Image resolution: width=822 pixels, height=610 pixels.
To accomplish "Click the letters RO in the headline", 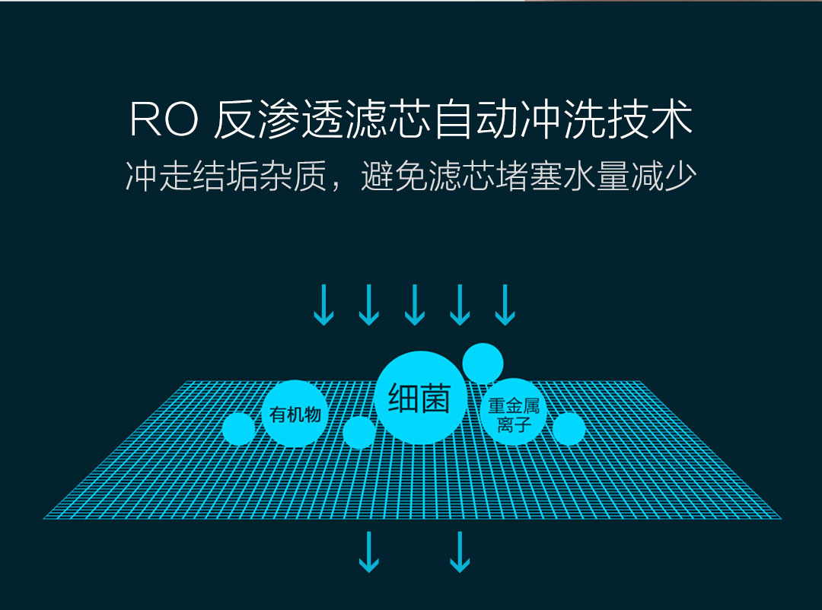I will click(x=164, y=121).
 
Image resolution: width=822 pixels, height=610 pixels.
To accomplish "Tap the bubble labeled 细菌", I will click(x=419, y=398).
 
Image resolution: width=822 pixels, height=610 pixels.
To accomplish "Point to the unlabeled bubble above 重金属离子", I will click(x=483, y=363).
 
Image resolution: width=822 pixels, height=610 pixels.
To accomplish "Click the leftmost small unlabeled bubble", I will click(x=239, y=429).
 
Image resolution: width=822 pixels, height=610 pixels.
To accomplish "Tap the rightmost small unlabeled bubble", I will click(x=569, y=429).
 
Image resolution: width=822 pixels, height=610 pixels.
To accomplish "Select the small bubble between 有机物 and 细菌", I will click(x=358, y=432).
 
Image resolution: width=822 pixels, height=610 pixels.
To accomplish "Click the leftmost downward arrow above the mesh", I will click(x=323, y=305).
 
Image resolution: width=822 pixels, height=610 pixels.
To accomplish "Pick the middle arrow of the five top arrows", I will click(x=414, y=305).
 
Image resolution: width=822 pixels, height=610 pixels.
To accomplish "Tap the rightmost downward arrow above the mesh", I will click(x=505, y=305).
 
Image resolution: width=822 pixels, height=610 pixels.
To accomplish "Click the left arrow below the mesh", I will click(x=369, y=552).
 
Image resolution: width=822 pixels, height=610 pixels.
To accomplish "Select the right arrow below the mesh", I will click(x=459, y=552).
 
